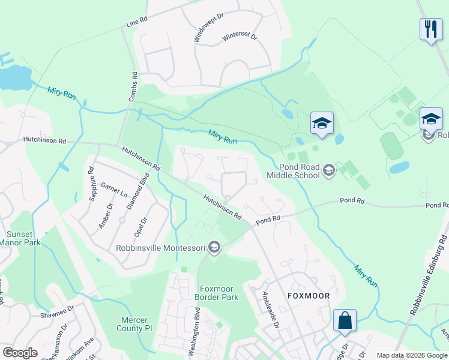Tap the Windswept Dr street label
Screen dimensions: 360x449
[200, 26]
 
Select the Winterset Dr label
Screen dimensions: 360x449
[240, 37]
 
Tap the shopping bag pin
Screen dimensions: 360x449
[345, 321]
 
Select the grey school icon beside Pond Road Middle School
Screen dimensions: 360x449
[328, 171]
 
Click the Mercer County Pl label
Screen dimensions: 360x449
[139, 324]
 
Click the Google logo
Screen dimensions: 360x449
[20, 353]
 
